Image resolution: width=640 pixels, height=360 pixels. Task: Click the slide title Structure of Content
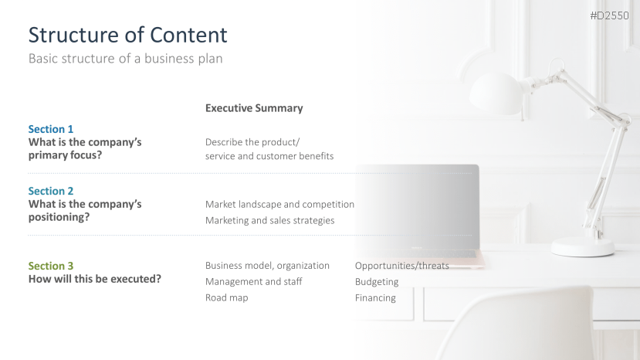coord(127,35)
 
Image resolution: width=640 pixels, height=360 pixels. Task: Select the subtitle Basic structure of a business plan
coord(125,59)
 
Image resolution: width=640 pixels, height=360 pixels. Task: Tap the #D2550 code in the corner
coord(609,15)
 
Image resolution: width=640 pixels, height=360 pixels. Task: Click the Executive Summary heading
coord(254,108)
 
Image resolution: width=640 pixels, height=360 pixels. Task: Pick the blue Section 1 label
coord(51,129)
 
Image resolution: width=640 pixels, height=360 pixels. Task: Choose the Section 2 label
coord(51,191)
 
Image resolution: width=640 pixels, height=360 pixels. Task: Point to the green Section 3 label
coord(51,266)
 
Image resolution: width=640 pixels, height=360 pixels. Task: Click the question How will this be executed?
coord(95,279)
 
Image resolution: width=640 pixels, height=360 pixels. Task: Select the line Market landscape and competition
coord(279,204)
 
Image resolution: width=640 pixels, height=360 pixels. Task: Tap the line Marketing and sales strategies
coord(269,221)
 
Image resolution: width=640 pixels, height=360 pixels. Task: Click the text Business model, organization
coord(267,266)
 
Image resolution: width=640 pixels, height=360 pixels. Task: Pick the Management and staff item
coord(253,281)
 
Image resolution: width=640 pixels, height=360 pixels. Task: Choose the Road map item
coord(226,297)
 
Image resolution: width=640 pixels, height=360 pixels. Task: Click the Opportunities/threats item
coord(402,266)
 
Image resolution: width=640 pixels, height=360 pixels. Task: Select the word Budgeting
coord(377,282)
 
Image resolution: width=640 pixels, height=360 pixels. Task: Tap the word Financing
coord(375,298)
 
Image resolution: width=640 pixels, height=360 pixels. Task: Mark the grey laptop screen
coord(417,207)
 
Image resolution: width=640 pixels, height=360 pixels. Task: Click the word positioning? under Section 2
coord(59,217)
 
